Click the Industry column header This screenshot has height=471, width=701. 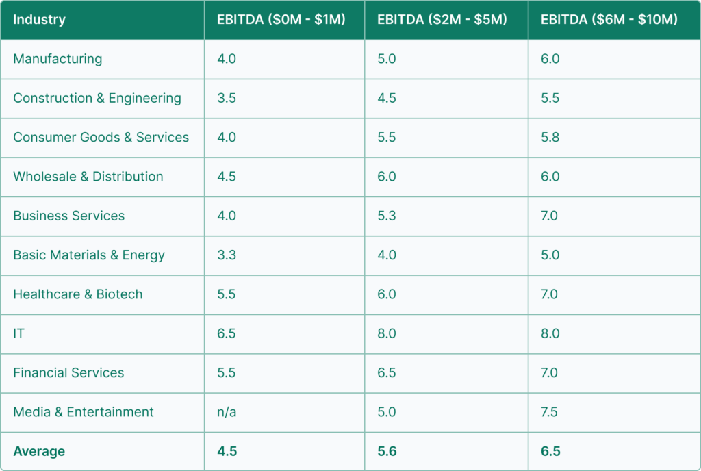coord(39,19)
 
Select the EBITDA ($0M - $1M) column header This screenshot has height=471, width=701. coord(281,19)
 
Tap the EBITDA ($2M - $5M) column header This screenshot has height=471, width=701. coord(442,19)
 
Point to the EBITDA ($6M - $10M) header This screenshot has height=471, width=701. coord(609,19)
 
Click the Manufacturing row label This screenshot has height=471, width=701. coord(58,59)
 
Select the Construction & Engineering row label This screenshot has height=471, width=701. coord(97,98)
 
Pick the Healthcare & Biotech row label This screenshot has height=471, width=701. coord(78,294)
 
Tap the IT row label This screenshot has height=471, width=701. coord(19,333)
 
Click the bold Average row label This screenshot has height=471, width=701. coord(39,451)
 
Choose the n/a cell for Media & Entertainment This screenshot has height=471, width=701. coord(227,412)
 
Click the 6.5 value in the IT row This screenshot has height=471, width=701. coord(227,333)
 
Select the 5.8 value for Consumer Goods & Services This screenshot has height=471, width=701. coord(550,137)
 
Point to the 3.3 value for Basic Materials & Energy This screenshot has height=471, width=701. coord(227,255)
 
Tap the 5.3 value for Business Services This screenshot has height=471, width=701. coord(387,216)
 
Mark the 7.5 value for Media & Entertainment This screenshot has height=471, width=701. coord(550,412)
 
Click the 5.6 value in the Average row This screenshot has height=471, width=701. coord(387,451)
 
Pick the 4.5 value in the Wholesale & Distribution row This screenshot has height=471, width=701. coord(227,177)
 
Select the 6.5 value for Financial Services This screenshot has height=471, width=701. coord(387,372)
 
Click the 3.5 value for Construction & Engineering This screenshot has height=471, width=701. coord(227,98)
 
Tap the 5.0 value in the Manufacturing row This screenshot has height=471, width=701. coord(387,59)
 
